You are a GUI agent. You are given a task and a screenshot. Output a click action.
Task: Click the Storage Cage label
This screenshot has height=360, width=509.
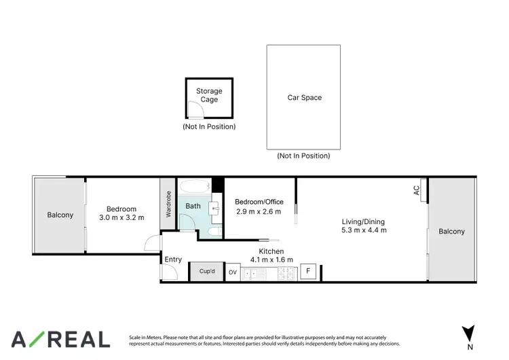point(209,95)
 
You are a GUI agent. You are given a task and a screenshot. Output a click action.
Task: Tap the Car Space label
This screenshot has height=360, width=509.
point(304,98)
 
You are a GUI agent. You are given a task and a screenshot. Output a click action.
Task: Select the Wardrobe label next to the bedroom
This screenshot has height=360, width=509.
point(168,203)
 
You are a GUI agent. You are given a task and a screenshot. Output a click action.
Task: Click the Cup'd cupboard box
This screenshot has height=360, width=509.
point(207,271)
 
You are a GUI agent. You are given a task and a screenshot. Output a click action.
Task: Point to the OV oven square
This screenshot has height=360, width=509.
point(233,272)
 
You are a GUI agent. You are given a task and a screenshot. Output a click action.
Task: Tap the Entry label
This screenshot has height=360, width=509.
point(173,259)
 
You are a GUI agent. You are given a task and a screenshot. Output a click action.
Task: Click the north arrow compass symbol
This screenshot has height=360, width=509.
point(468,334)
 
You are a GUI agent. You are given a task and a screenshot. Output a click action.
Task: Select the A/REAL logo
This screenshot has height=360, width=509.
point(60,339)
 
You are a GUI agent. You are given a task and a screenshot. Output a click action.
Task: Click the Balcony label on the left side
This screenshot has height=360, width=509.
point(60,215)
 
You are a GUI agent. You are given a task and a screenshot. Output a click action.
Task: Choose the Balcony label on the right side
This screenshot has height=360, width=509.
point(451,232)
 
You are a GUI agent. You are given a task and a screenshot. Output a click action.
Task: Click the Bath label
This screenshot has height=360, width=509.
point(193,206)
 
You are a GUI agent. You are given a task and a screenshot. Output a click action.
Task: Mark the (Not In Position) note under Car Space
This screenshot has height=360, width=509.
point(303,156)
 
